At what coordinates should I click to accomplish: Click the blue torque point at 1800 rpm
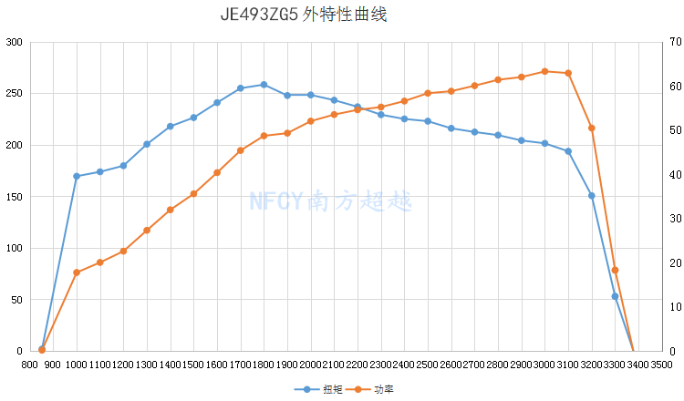tap(264, 85)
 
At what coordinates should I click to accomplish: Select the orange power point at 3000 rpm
tap(544, 71)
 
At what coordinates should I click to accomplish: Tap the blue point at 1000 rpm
tap(77, 176)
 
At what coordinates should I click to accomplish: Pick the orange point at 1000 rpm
tap(77, 272)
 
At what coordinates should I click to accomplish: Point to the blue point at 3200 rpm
tap(592, 196)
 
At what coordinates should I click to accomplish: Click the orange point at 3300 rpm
tap(615, 270)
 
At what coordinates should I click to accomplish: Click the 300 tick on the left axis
tap(15, 42)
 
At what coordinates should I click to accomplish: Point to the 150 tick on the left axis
tap(15, 197)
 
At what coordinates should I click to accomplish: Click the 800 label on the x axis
tap(30, 365)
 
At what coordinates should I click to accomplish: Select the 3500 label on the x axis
tap(661, 365)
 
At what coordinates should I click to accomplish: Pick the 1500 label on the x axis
tap(193, 365)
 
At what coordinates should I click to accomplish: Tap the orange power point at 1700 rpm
tap(241, 150)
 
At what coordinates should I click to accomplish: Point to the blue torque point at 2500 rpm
tap(428, 121)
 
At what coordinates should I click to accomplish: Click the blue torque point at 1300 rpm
tap(147, 144)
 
